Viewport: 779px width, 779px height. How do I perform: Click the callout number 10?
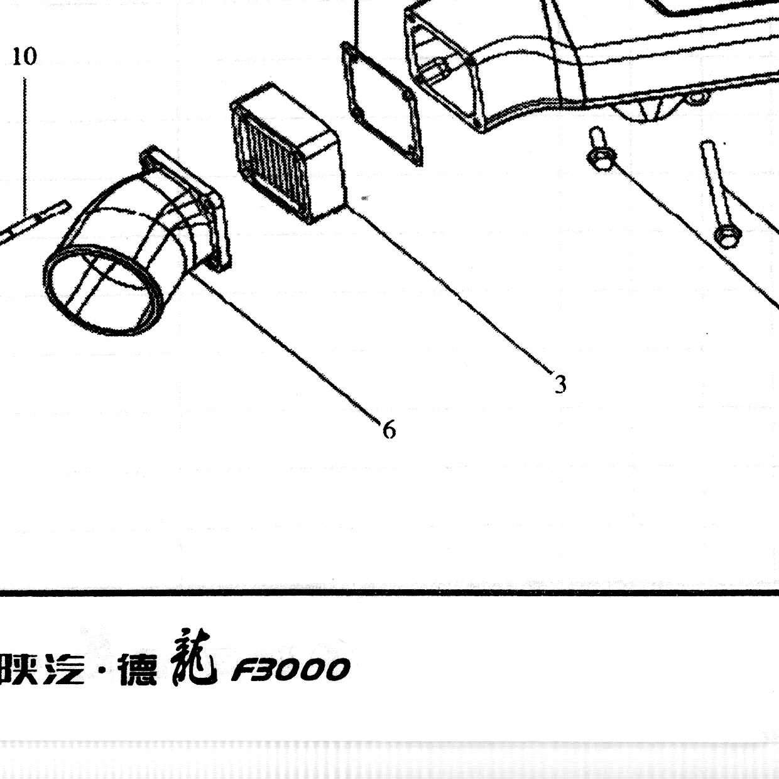(x=25, y=57)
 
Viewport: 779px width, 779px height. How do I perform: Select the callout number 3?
(x=560, y=384)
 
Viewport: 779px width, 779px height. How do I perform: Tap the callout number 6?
(x=389, y=429)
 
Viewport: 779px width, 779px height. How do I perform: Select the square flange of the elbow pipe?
(x=187, y=206)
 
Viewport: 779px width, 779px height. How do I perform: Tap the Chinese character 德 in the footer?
(x=138, y=670)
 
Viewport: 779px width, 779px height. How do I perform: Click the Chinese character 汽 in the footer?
(x=64, y=670)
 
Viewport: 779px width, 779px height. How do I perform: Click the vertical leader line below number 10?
(x=25, y=146)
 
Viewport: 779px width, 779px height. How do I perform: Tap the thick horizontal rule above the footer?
(x=389, y=593)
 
